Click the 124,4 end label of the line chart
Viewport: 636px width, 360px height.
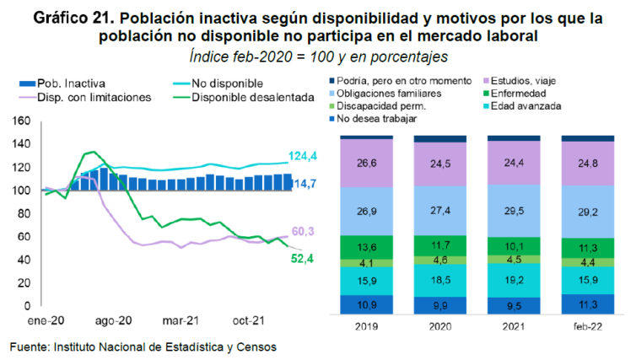303,157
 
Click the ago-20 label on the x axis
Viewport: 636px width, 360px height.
114,320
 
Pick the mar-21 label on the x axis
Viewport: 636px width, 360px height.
181,320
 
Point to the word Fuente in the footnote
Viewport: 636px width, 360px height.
30,346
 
